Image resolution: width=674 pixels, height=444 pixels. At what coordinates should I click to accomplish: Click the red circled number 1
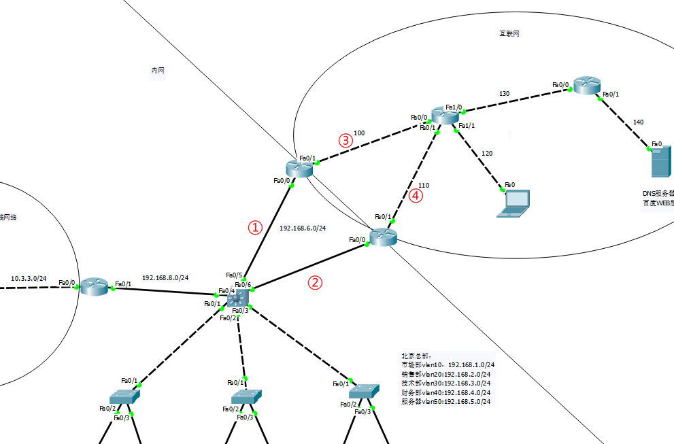[255, 228]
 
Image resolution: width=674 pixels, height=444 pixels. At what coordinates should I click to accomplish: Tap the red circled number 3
[346, 141]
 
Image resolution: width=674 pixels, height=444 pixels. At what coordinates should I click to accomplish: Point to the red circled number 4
[416, 197]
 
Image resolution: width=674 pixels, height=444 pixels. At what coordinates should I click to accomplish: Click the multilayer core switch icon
[239, 297]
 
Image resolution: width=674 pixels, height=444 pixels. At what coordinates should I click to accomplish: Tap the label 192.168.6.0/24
[303, 228]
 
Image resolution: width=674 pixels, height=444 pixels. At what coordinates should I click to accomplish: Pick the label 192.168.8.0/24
[165, 278]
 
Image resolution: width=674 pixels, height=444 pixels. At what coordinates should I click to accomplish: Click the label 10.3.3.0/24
[29, 279]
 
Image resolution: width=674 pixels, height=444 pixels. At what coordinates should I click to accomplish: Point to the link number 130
[504, 94]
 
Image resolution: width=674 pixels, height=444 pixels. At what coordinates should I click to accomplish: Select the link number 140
[638, 122]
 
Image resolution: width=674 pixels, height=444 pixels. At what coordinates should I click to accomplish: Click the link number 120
[487, 154]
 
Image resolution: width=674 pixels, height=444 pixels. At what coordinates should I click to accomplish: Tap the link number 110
[424, 185]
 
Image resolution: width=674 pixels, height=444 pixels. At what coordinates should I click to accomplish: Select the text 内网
[157, 70]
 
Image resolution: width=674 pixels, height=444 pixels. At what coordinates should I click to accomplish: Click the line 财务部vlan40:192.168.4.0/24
[445, 392]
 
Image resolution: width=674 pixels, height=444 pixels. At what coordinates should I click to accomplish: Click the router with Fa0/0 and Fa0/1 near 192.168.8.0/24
[96, 286]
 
